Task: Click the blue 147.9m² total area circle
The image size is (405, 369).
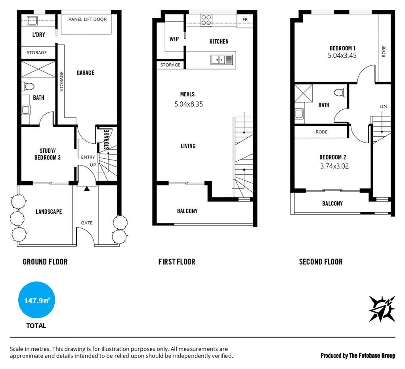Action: coord(36,300)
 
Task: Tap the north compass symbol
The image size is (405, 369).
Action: coord(382,308)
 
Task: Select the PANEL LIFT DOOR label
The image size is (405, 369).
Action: coord(87,19)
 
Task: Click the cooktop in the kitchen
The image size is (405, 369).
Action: coord(206,20)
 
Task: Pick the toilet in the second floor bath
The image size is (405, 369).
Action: coord(340,92)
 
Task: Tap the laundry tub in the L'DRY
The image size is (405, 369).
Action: coord(32,20)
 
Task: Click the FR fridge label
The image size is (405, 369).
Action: coord(245,20)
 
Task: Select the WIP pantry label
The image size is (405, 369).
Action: coord(174,39)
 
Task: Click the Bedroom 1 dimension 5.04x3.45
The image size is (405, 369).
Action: coord(342,55)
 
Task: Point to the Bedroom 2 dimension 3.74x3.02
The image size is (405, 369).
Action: coord(334,166)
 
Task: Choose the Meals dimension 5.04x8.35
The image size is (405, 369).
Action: coord(189,104)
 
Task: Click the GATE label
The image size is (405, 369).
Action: coord(86,223)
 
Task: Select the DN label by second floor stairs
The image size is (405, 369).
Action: coord(383,107)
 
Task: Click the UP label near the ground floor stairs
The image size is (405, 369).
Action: coord(93,165)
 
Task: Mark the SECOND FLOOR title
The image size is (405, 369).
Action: coord(321,262)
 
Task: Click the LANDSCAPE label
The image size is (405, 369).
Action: coord(49,211)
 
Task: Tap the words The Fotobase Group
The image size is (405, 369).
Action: coord(372,356)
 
